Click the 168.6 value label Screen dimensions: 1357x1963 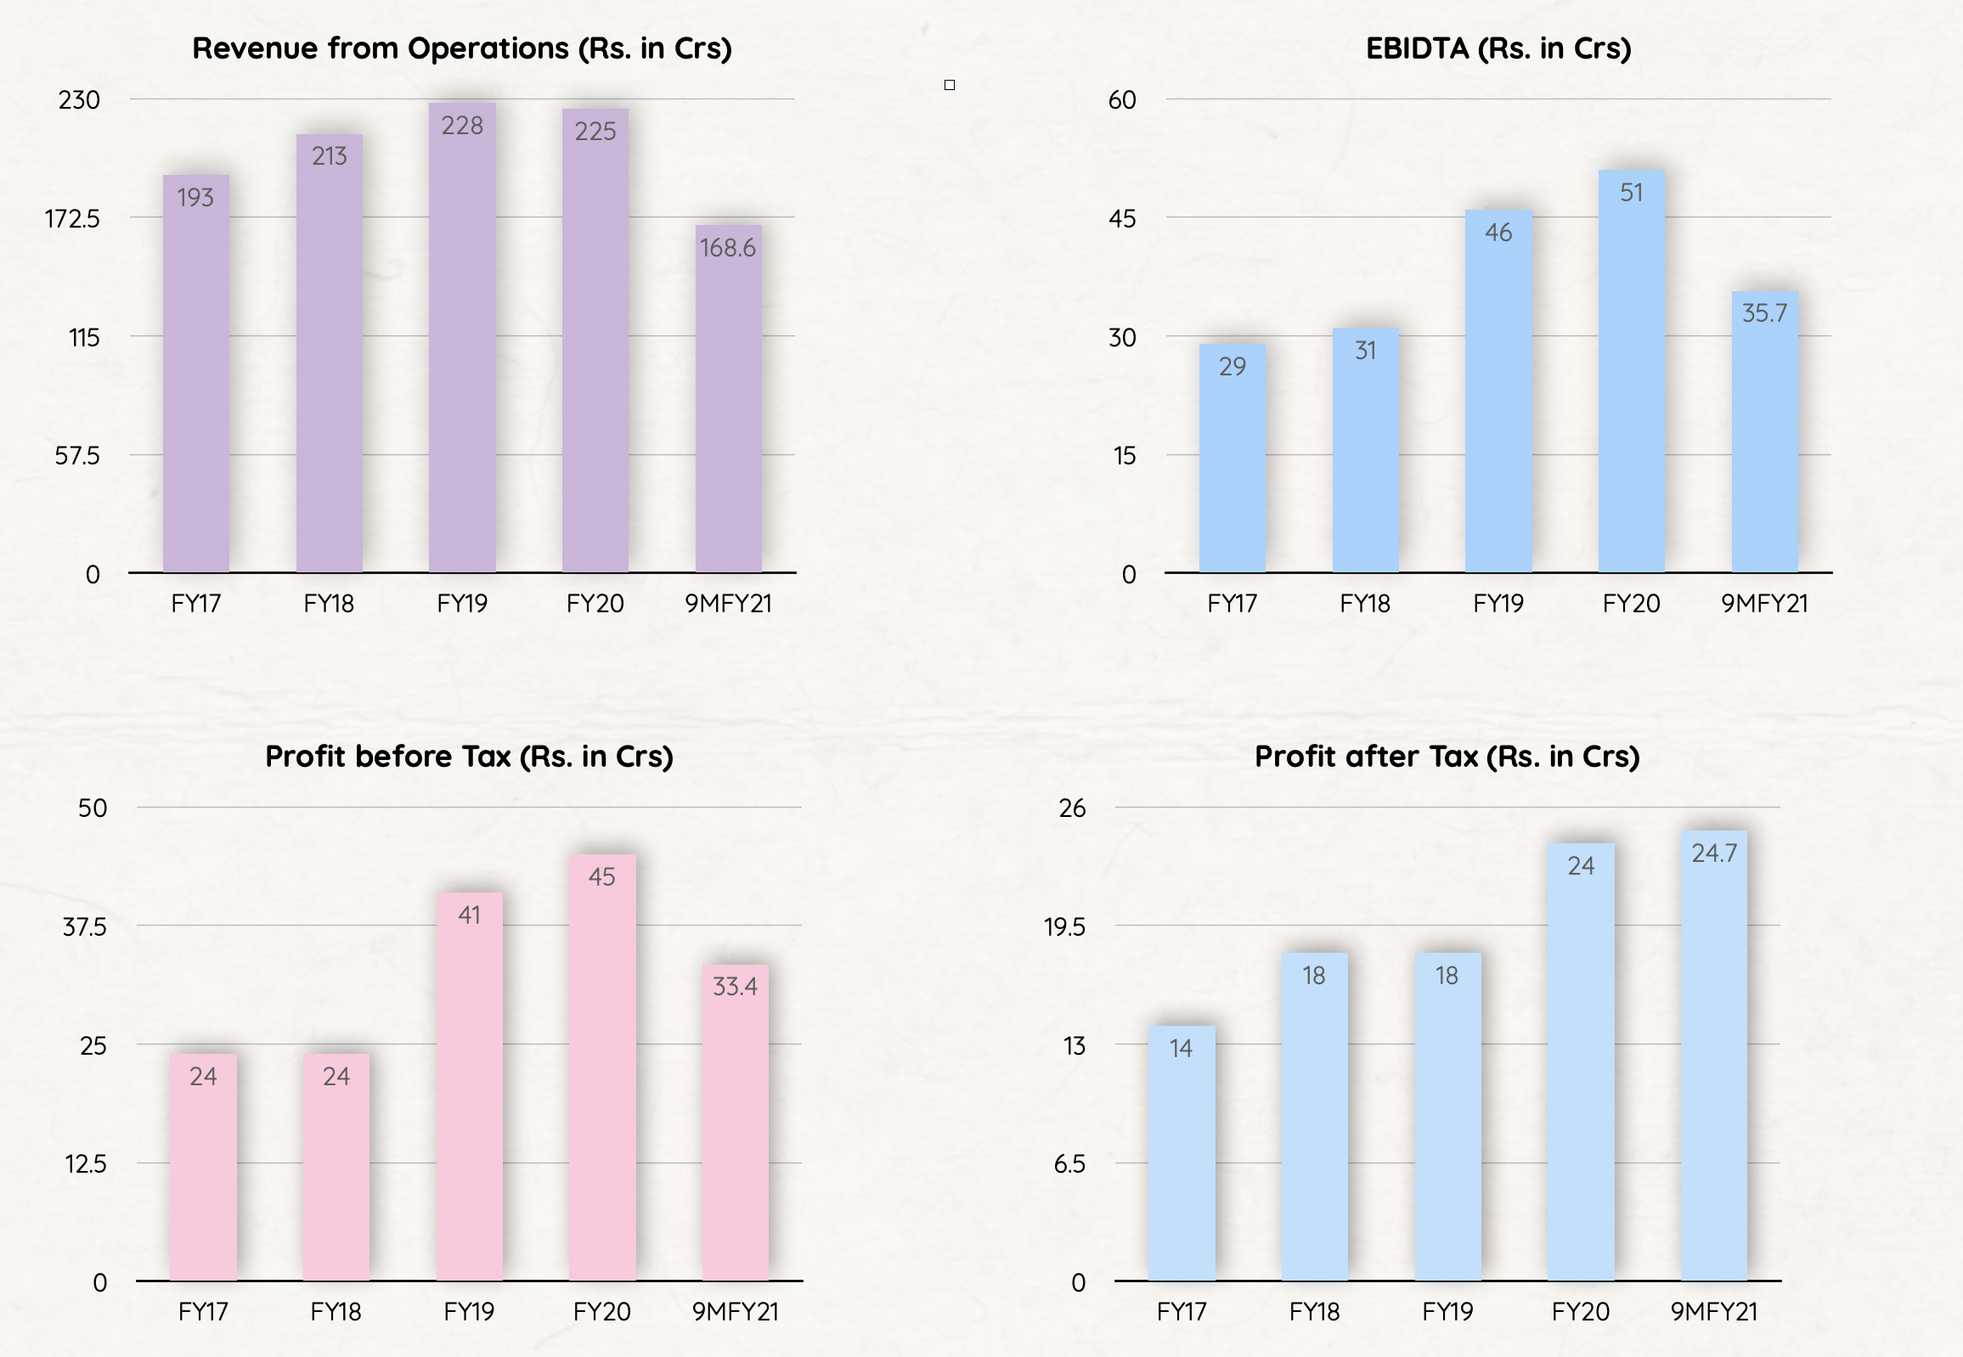727,247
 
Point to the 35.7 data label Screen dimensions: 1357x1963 1764,313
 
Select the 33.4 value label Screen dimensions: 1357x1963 735,986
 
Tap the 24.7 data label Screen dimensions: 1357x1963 1714,853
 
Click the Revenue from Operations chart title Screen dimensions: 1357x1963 462,48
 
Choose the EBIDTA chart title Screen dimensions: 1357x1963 1498,48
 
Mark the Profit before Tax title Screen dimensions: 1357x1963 469,756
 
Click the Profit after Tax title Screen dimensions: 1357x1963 1447,756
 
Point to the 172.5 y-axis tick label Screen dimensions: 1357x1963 72,219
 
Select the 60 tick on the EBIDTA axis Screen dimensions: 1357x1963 1122,100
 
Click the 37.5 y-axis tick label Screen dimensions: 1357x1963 85,926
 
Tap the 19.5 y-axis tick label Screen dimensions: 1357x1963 1065,926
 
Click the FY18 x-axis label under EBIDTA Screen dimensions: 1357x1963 1364,604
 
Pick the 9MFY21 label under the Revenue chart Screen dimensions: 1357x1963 728,604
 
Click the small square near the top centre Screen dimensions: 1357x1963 950,85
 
